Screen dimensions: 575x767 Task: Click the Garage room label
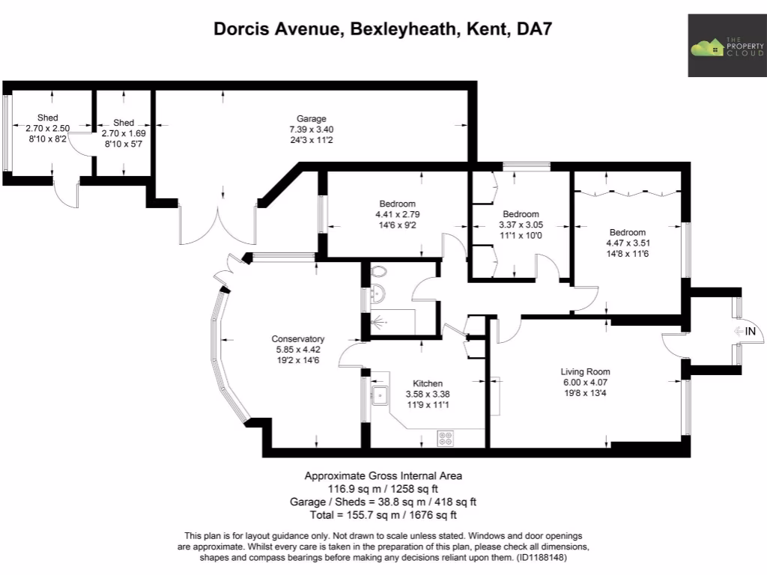(x=311, y=118)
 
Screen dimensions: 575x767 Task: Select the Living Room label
(x=585, y=371)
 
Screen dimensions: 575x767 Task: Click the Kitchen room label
(x=423, y=383)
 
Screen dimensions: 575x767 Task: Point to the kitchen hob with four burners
(x=446, y=437)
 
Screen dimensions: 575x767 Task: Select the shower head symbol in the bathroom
(x=381, y=323)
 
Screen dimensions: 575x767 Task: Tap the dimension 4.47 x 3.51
(x=626, y=243)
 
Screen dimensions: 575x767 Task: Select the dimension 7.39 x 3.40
(x=311, y=129)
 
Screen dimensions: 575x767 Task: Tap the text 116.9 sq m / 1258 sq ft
(x=383, y=488)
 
